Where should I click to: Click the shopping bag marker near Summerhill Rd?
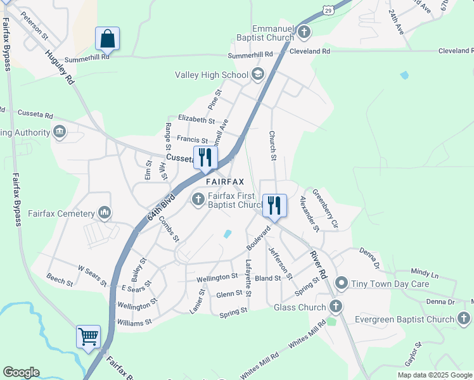click(x=107, y=39)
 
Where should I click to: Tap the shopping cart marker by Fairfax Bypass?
click(x=88, y=336)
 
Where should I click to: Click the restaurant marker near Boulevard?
click(x=274, y=205)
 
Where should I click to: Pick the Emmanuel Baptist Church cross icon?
click(x=304, y=31)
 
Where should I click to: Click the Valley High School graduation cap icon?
click(x=257, y=75)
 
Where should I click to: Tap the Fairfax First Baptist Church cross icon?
click(x=198, y=201)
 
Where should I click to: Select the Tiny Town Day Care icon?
click(x=342, y=282)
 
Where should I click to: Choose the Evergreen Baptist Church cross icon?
click(x=464, y=319)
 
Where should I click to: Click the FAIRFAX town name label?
click(x=224, y=182)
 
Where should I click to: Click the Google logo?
click(x=21, y=372)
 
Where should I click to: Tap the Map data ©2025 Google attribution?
click(x=434, y=375)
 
